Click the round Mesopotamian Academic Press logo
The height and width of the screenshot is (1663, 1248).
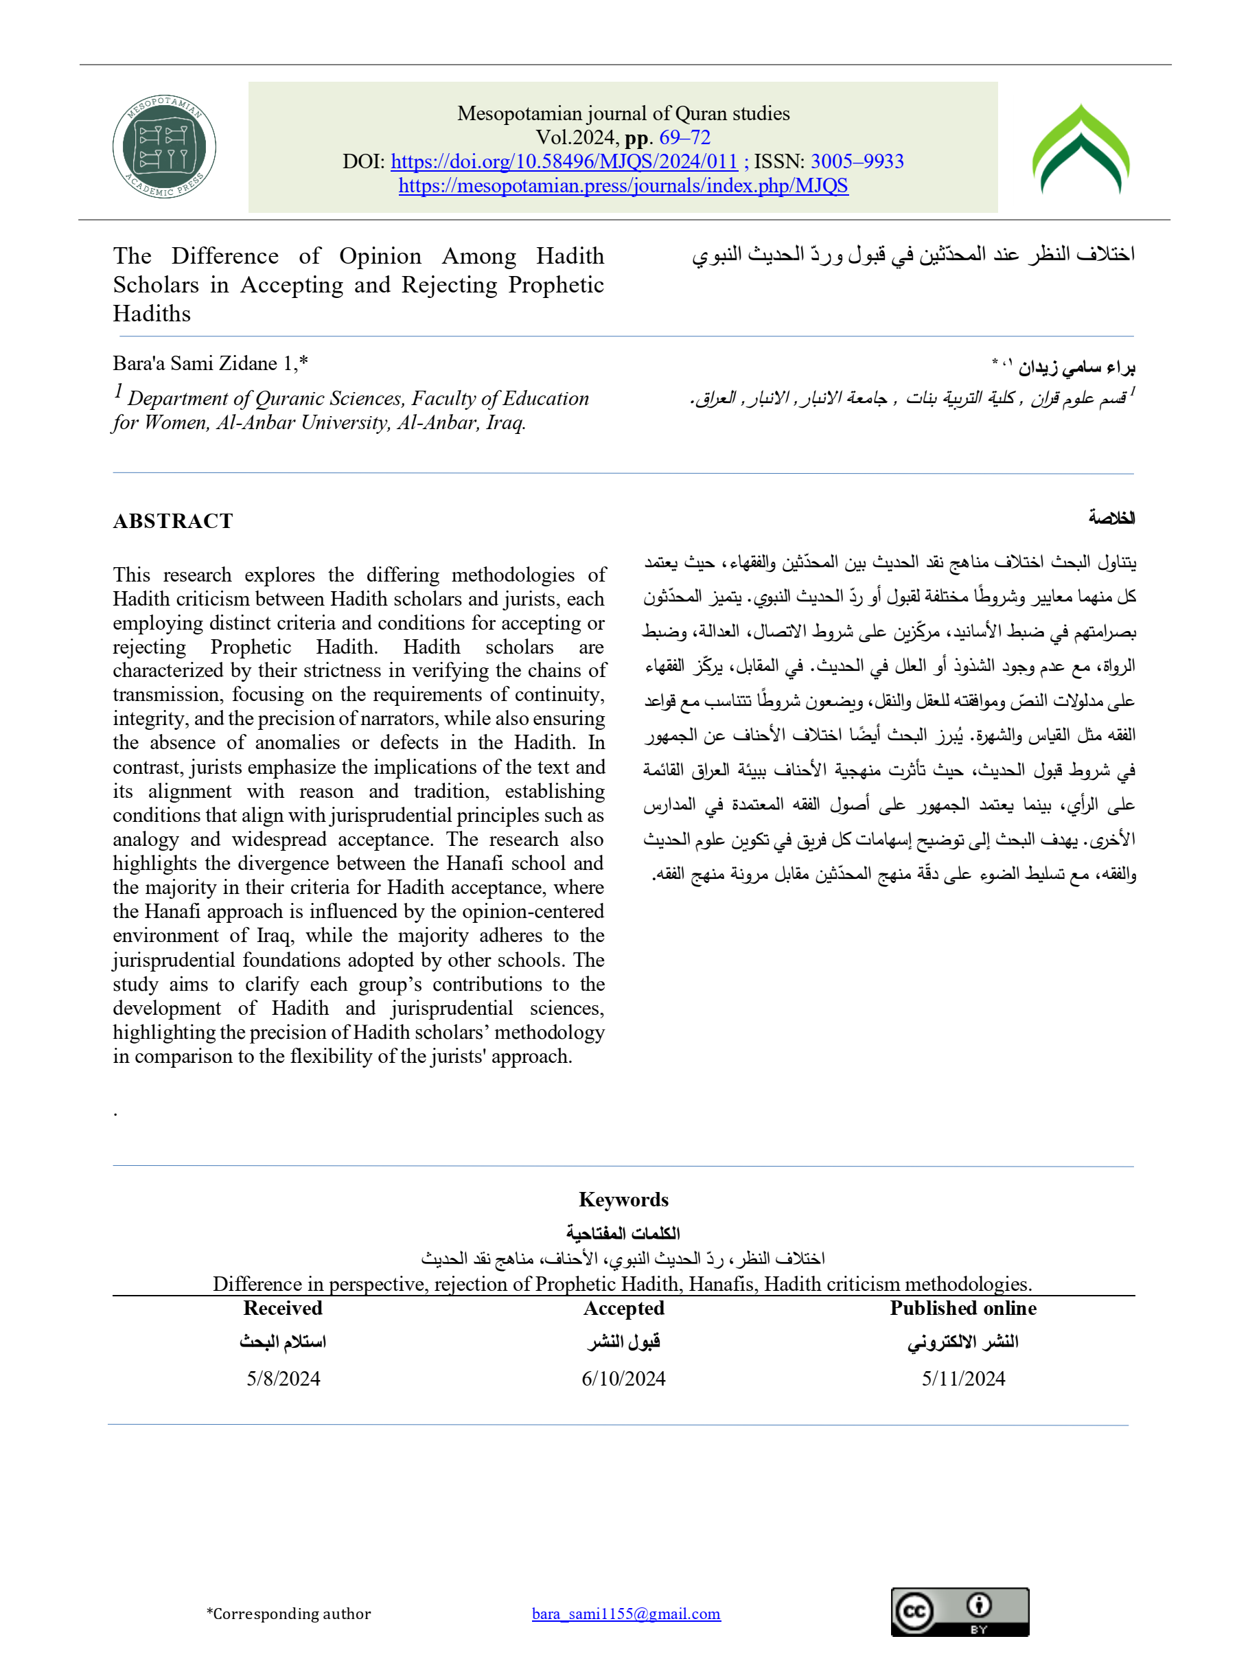(x=164, y=147)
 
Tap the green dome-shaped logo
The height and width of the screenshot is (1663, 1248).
(x=1081, y=149)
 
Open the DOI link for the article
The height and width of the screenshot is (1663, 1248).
(x=564, y=161)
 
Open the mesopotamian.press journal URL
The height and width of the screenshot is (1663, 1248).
(x=623, y=185)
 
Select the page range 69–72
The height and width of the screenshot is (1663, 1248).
(x=684, y=137)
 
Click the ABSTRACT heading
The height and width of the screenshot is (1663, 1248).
(x=173, y=521)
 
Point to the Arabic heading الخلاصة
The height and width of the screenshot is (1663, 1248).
(x=1111, y=518)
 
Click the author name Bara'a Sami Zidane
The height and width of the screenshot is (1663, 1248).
(x=196, y=364)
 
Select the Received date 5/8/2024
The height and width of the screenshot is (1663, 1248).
(x=284, y=1379)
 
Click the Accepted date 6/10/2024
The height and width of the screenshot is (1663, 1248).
(x=623, y=1379)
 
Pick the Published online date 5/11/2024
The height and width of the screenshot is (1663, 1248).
(x=963, y=1379)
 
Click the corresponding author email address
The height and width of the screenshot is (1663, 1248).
(x=626, y=1614)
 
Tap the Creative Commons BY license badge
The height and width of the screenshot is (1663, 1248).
(x=959, y=1612)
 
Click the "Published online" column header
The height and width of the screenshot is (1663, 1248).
(x=963, y=1309)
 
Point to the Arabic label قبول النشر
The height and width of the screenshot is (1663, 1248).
(x=623, y=1342)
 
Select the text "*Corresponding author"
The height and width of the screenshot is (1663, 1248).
(x=289, y=1614)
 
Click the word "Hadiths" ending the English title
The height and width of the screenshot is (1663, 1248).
(x=152, y=314)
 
